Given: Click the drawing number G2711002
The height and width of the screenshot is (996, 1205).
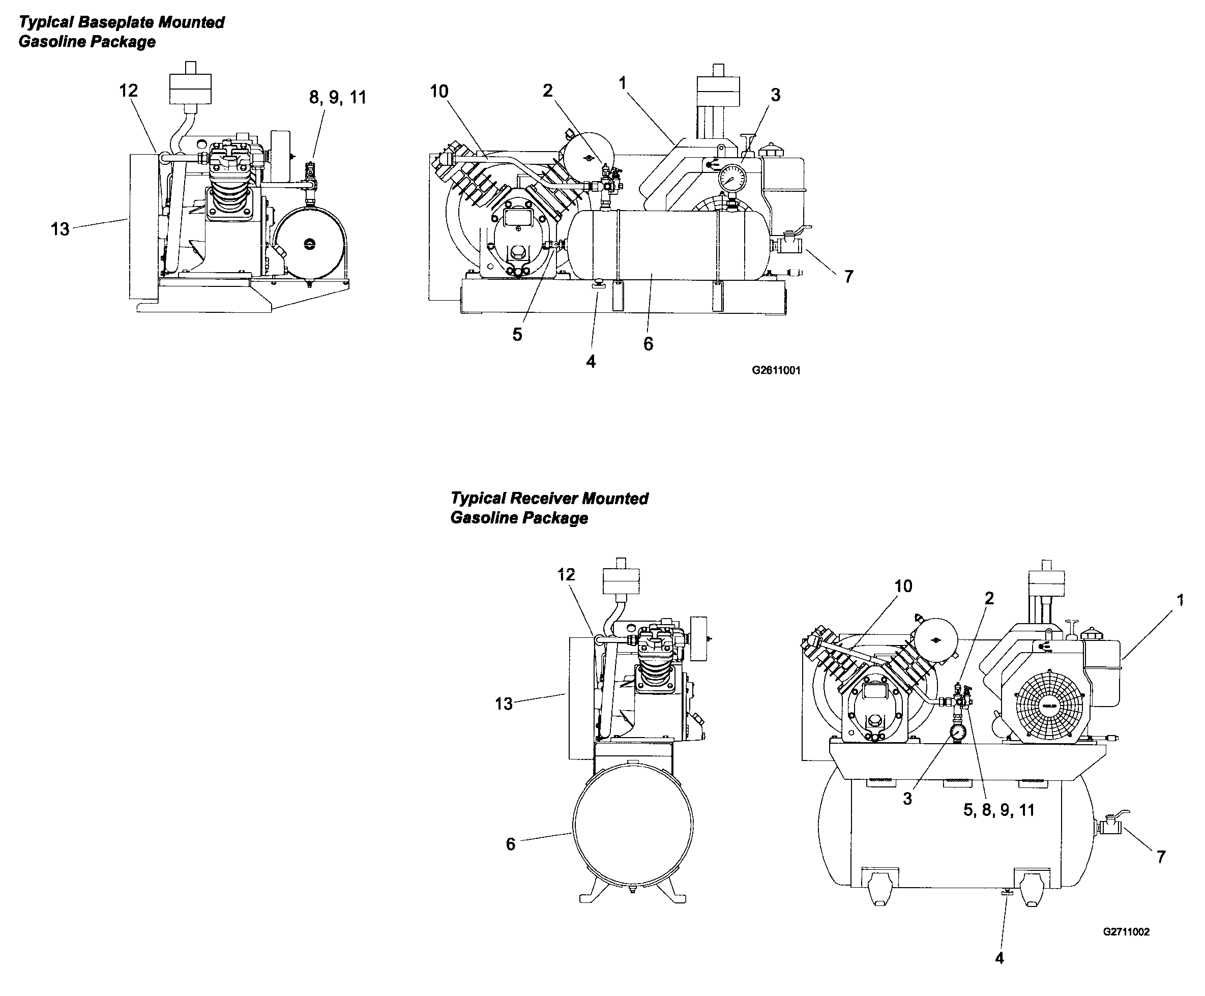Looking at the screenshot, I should click(x=1125, y=932).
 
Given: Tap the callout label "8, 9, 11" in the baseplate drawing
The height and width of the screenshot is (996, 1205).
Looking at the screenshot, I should click(x=337, y=98).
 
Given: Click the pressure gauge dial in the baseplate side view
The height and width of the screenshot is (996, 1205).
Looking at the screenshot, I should click(x=732, y=178).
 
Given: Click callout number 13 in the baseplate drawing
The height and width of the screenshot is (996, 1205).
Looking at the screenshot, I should click(x=60, y=229).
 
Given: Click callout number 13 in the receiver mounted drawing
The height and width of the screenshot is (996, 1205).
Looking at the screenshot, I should click(x=503, y=704).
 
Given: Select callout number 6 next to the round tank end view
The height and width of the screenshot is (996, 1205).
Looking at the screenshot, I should click(x=510, y=844).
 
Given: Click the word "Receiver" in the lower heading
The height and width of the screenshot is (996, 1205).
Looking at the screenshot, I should click(x=544, y=499).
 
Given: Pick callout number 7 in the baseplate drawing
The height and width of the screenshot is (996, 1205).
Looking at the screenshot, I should click(x=849, y=277).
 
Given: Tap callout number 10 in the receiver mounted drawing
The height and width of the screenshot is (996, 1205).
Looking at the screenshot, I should click(x=903, y=586).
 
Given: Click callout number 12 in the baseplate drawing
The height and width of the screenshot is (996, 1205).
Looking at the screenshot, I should click(x=129, y=91).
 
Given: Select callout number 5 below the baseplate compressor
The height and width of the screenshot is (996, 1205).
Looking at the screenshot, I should click(x=517, y=335).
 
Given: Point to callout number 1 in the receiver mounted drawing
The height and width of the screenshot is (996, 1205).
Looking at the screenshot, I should click(x=1180, y=600).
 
